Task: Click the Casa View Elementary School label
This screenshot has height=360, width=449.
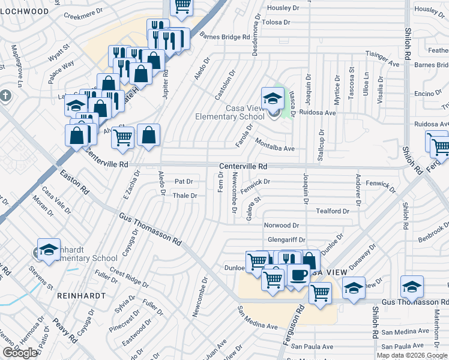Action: click(230, 112)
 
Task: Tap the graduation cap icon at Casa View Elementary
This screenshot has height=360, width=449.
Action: click(272, 98)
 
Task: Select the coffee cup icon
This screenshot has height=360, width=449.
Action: click(298, 275)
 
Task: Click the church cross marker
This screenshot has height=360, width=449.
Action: click(5, 96)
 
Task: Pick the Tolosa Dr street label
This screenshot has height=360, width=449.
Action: click(276, 22)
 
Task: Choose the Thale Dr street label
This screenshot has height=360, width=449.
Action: click(185, 196)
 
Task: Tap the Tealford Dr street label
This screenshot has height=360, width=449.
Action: click(333, 211)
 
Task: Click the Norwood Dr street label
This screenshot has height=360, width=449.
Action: click(282, 226)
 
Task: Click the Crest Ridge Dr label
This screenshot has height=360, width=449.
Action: click(129, 278)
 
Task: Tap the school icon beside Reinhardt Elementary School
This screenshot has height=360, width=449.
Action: click(49, 250)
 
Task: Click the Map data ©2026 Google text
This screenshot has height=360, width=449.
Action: click(412, 355)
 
